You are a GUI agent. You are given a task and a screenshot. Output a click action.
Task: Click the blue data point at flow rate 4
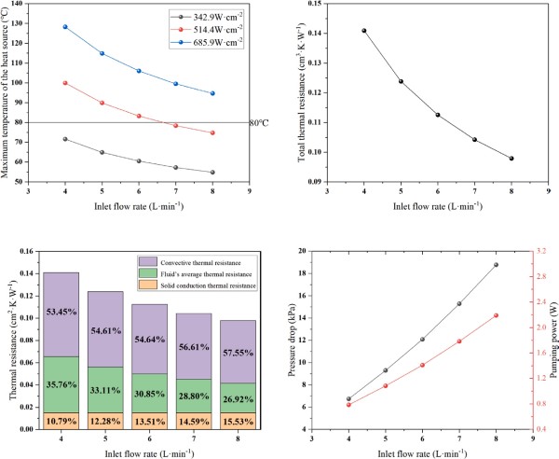pos(65,27)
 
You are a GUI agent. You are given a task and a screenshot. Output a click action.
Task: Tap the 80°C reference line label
pos(260,122)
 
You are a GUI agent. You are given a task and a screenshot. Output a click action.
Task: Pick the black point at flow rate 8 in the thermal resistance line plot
pos(511,159)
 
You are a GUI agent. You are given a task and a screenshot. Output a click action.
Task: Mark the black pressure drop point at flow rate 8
pos(511,265)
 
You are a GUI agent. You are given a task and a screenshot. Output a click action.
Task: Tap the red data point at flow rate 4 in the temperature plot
pos(65,83)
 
